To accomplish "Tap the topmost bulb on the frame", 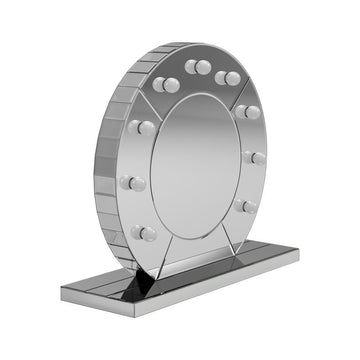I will [x=198, y=67].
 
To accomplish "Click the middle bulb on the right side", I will [x=256, y=158].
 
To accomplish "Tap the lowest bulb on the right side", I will [x=247, y=206].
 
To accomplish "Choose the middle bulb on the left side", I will [x=133, y=183].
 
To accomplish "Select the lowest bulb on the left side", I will [x=145, y=233].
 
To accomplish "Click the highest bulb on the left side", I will [x=142, y=127].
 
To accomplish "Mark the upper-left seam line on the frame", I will [x=159, y=106].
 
